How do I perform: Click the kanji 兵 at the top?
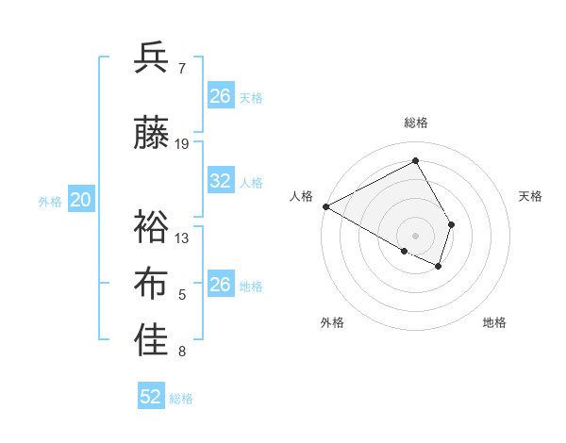click(x=151, y=57)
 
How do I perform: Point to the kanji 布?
click(x=151, y=284)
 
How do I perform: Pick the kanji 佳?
click(x=151, y=342)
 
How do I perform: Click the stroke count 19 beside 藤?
click(x=182, y=143)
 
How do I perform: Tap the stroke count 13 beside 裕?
click(x=182, y=238)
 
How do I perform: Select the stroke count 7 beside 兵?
click(x=182, y=68)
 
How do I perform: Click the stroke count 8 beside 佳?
click(x=182, y=353)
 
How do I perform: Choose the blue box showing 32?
click(x=221, y=181)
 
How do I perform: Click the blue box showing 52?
click(x=151, y=397)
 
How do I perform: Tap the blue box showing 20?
click(x=81, y=200)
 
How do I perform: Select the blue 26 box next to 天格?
click(x=221, y=96)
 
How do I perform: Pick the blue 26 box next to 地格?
click(x=221, y=285)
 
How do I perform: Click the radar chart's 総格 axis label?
click(x=415, y=123)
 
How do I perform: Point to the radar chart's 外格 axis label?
click(x=332, y=322)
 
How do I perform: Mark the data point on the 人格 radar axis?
click(x=325, y=206)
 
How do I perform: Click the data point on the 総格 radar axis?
click(x=415, y=161)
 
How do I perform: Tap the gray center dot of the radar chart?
click(x=415, y=235)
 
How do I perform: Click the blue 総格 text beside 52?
click(x=181, y=399)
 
